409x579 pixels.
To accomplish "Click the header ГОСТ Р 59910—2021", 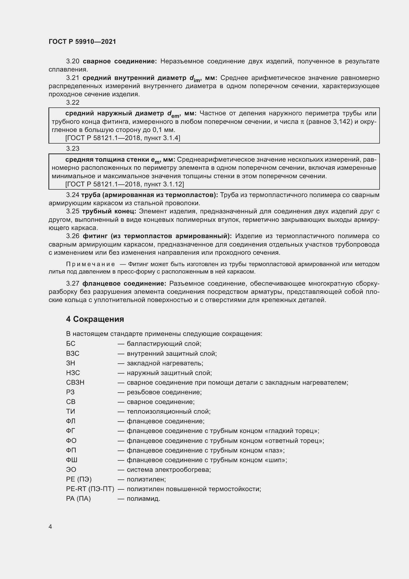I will pos(82,42).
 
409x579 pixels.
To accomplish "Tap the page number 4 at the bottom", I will pos(50,527).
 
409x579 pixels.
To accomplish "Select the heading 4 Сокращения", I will pos(95,319).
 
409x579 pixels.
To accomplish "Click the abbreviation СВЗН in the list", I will pos(75,382).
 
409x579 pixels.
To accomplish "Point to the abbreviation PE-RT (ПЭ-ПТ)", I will pos(90,489).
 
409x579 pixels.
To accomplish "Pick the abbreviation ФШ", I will pos(71,460).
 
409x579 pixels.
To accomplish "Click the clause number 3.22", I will pos(72,102).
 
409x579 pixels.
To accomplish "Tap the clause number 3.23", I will pos(72,149).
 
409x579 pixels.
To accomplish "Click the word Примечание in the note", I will pos(91,264).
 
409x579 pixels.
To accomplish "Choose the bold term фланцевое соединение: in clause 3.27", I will pos(124,283).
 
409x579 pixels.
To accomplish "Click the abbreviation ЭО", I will pos(71,470).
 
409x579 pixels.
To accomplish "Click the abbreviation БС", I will pos(70,344).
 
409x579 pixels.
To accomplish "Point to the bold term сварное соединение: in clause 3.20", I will pos(120,61).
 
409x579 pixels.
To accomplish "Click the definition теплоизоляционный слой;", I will pos(168,412).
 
